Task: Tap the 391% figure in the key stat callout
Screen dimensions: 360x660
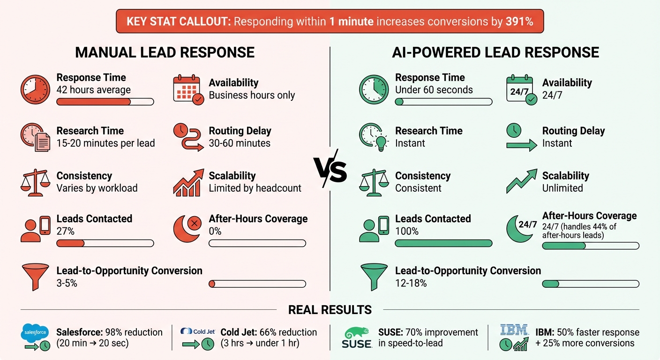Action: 519,22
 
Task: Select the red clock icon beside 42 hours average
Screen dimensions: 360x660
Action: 35,90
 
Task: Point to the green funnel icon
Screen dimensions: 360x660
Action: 374,277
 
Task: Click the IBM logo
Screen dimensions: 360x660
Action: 514,330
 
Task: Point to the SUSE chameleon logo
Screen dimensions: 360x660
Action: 357,333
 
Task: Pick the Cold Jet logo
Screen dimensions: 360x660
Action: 198,331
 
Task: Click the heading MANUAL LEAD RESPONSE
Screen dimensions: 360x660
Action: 165,52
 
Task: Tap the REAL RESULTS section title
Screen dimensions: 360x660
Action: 330,310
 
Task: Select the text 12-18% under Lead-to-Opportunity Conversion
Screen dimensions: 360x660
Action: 411,283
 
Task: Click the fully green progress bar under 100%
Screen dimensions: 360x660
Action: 443,243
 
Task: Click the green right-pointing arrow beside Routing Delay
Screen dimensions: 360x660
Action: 521,145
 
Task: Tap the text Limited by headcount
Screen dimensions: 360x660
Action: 255,188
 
